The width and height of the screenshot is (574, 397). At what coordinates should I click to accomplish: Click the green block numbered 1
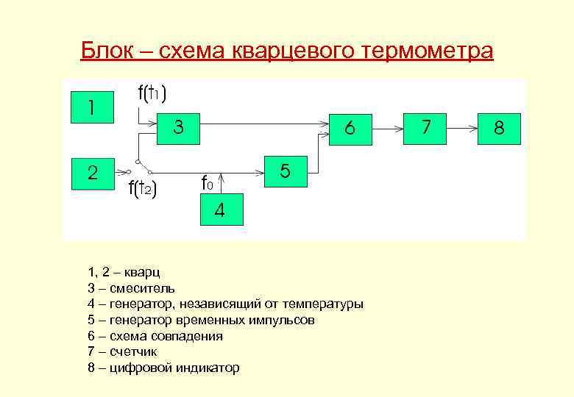(92, 108)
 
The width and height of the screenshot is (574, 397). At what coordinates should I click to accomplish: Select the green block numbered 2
(92, 174)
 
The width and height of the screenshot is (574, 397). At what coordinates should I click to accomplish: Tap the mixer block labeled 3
(177, 128)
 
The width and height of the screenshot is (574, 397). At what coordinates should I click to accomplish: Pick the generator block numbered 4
(219, 211)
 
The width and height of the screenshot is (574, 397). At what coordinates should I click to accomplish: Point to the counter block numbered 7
(425, 128)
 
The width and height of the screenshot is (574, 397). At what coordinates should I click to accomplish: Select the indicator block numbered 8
(498, 128)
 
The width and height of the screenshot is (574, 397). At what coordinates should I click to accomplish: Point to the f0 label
(208, 182)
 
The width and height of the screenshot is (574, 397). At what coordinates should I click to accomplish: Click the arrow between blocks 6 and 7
(386, 128)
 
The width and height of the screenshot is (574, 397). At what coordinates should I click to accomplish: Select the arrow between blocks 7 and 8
(461, 128)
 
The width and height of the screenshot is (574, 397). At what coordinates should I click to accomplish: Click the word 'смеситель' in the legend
(142, 288)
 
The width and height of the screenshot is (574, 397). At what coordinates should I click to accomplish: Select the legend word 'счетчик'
(132, 352)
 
